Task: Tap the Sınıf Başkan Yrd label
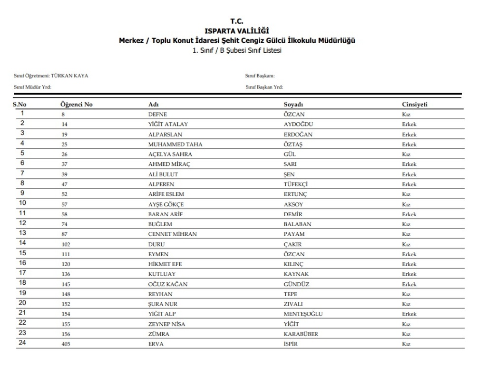coord(264,86)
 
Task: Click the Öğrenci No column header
coord(76,104)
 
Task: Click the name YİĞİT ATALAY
coord(169,124)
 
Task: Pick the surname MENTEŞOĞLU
coord(303,314)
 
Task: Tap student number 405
coord(66,344)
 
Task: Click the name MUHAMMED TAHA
coord(173,144)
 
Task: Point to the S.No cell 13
coord(22,233)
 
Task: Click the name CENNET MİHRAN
coord(172,234)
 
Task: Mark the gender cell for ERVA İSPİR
coord(405,344)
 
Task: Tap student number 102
coord(66,244)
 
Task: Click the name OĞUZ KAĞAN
coord(169,284)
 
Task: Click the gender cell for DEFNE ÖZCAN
coord(405,114)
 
